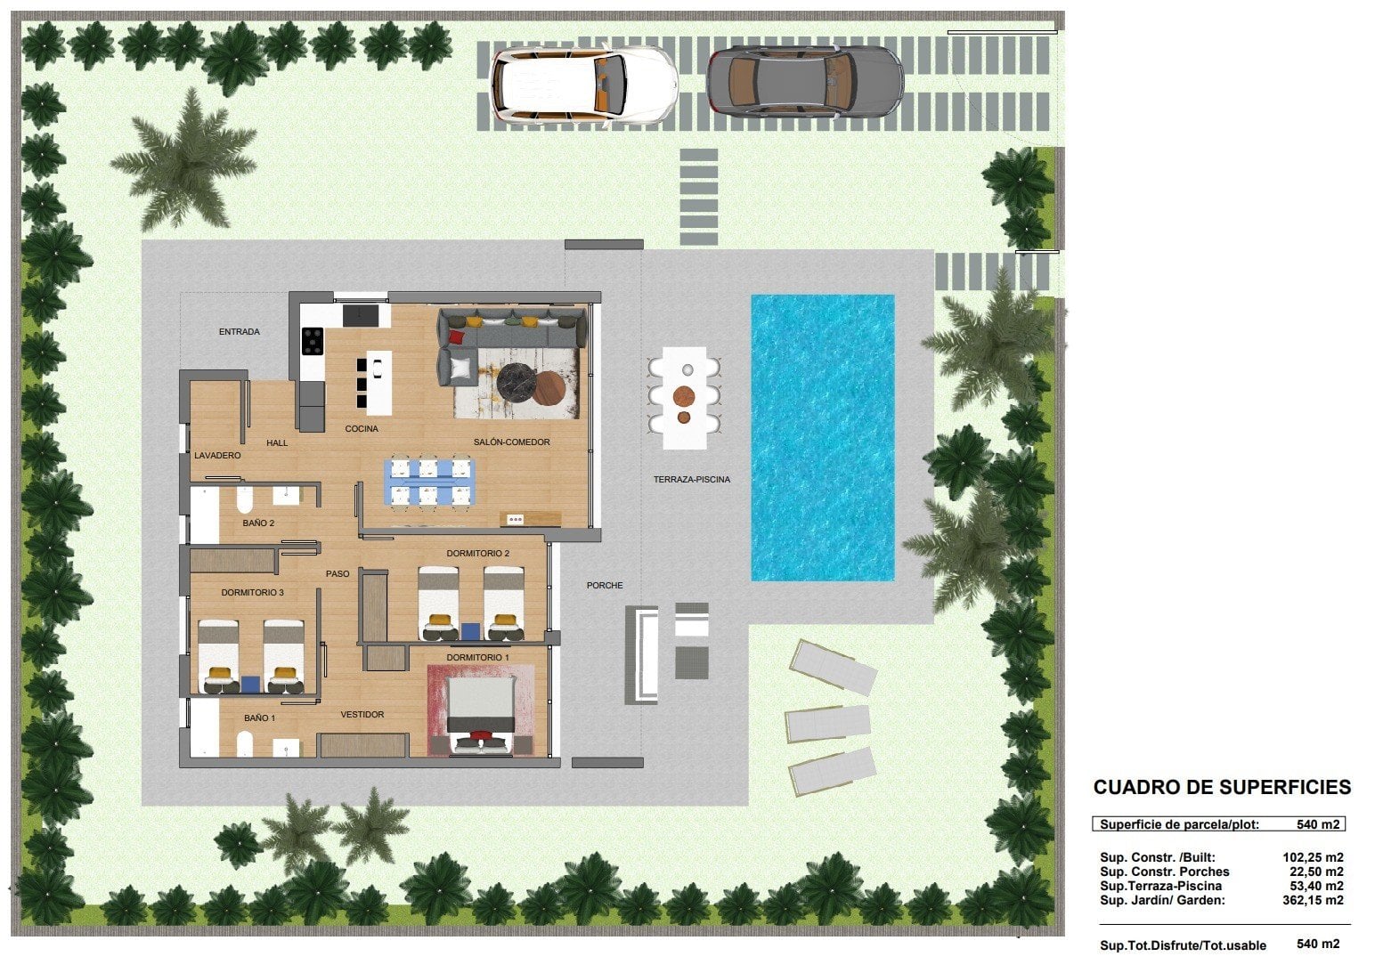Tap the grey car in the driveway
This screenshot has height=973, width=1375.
(x=805, y=82)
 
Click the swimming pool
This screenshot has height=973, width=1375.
(x=823, y=437)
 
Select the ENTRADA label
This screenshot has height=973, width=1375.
(x=240, y=332)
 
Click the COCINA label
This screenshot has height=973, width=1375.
(x=362, y=429)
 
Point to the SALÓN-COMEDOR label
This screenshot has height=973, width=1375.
(x=511, y=442)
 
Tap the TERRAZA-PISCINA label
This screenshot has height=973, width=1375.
(x=692, y=480)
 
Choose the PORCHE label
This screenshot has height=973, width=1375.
(x=605, y=585)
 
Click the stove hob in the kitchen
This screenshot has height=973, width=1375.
(x=312, y=341)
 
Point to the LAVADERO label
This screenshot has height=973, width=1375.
(x=217, y=455)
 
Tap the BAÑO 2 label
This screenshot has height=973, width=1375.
(x=258, y=523)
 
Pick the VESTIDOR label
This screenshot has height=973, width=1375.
(x=362, y=715)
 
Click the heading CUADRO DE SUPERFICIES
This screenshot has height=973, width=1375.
(x=1222, y=787)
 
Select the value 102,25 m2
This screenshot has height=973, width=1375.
(x=1313, y=857)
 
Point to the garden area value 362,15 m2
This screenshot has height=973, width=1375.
(x=1313, y=901)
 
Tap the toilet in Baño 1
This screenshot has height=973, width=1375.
(x=245, y=743)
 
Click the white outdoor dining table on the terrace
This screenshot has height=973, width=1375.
(x=685, y=398)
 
